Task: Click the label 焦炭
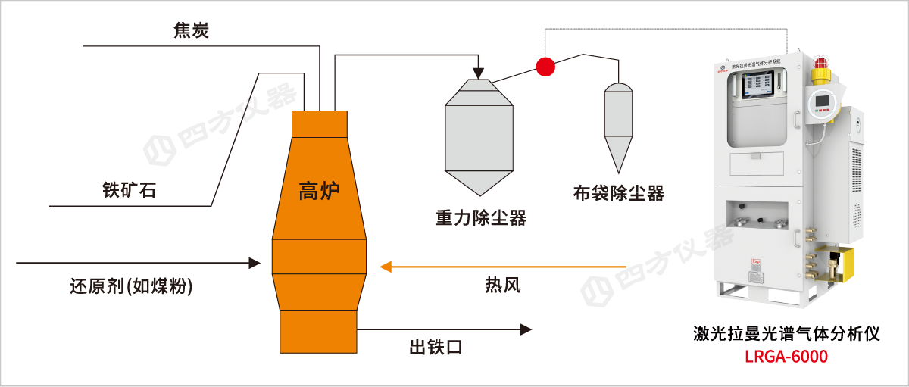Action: point(190,31)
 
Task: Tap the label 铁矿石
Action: point(129,189)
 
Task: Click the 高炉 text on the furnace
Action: point(320,191)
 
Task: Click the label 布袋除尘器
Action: point(619,193)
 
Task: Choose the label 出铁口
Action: point(436,348)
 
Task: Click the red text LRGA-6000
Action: point(786,356)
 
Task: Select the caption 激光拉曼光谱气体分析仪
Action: point(786,333)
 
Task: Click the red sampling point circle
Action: point(545,67)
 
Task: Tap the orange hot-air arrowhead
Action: point(386,267)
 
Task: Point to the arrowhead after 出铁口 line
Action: point(525,329)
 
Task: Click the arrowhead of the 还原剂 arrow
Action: point(254,264)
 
